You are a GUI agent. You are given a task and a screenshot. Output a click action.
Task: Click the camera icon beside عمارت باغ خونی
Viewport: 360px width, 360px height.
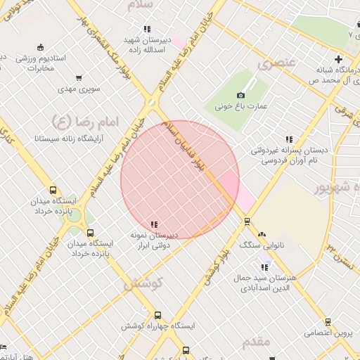pos(240,95)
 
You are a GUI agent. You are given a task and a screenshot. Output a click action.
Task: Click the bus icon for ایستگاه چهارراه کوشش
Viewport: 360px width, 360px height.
pos(157,316)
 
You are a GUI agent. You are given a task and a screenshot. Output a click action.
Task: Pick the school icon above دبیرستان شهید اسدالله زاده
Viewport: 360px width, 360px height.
pos(146,29)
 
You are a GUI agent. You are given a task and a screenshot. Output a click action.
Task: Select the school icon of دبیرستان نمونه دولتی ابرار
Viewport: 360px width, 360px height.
pos(154,224)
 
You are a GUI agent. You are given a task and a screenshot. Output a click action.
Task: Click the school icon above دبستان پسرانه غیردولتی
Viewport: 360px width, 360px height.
pos(289,139)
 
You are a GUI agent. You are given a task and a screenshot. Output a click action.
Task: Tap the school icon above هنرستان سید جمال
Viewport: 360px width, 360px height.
pos(264,267)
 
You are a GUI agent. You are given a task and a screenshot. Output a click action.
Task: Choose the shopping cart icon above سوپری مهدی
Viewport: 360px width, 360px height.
pos(78,78)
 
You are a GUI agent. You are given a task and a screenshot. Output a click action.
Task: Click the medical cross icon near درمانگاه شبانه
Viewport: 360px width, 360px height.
pos(338,59)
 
